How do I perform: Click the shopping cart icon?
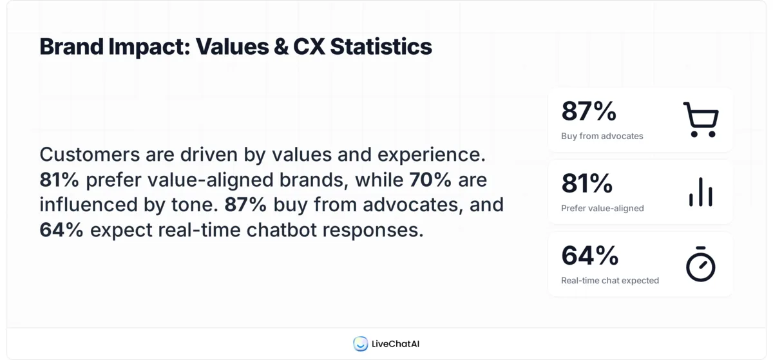[700, 119]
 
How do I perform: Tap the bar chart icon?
[700, 192]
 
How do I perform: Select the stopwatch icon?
[700, 264]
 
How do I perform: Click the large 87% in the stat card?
[589, 111]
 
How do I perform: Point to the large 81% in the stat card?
[587, 184]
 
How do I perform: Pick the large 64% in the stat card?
[589, 256]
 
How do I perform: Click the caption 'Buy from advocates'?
[602, 136]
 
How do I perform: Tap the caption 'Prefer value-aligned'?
[602, 208]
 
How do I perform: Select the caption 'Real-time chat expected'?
[609, 280]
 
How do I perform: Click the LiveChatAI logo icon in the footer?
[361, 344]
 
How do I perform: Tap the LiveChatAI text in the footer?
[396, 344]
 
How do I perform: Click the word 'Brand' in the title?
[66, 47]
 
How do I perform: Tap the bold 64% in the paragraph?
[61, 229]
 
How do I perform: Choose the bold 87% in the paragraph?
[245, 205]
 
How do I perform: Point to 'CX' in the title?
[309, 47]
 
